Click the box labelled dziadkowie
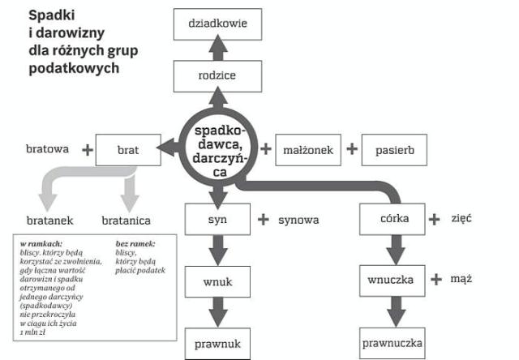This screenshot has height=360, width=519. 217,25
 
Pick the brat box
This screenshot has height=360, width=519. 127,149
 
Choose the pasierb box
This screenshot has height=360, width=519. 394,149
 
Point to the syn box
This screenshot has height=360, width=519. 217,219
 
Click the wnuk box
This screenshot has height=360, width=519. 217,281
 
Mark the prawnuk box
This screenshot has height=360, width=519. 217,343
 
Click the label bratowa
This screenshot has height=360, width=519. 47,149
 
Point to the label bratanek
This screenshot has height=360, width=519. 48,220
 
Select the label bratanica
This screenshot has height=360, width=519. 126,220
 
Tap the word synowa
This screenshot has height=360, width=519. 298,220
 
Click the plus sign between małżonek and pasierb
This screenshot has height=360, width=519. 351,149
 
